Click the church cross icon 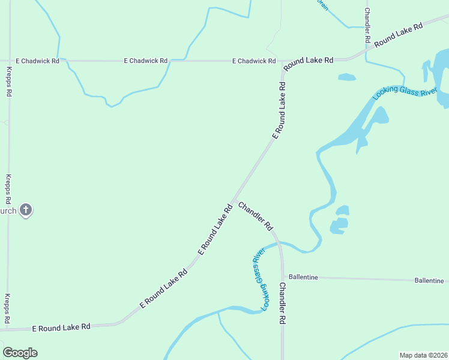coord(25,210)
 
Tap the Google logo coord(20,353)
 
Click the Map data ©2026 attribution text coord(424,355)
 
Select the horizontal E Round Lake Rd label coord(61,327)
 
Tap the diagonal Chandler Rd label coord(256,216)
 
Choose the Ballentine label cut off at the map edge coord(429,280)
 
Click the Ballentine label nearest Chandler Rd coord(303,277)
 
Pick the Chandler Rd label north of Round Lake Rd coord(367,24)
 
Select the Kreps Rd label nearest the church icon coord(8,189)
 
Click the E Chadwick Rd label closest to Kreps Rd coord(37,61)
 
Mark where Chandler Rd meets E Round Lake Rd coord(234,199)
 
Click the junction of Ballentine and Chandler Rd coord(282,277)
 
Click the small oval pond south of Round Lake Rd coord(347,77)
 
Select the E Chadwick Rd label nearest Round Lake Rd coord(255,61)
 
